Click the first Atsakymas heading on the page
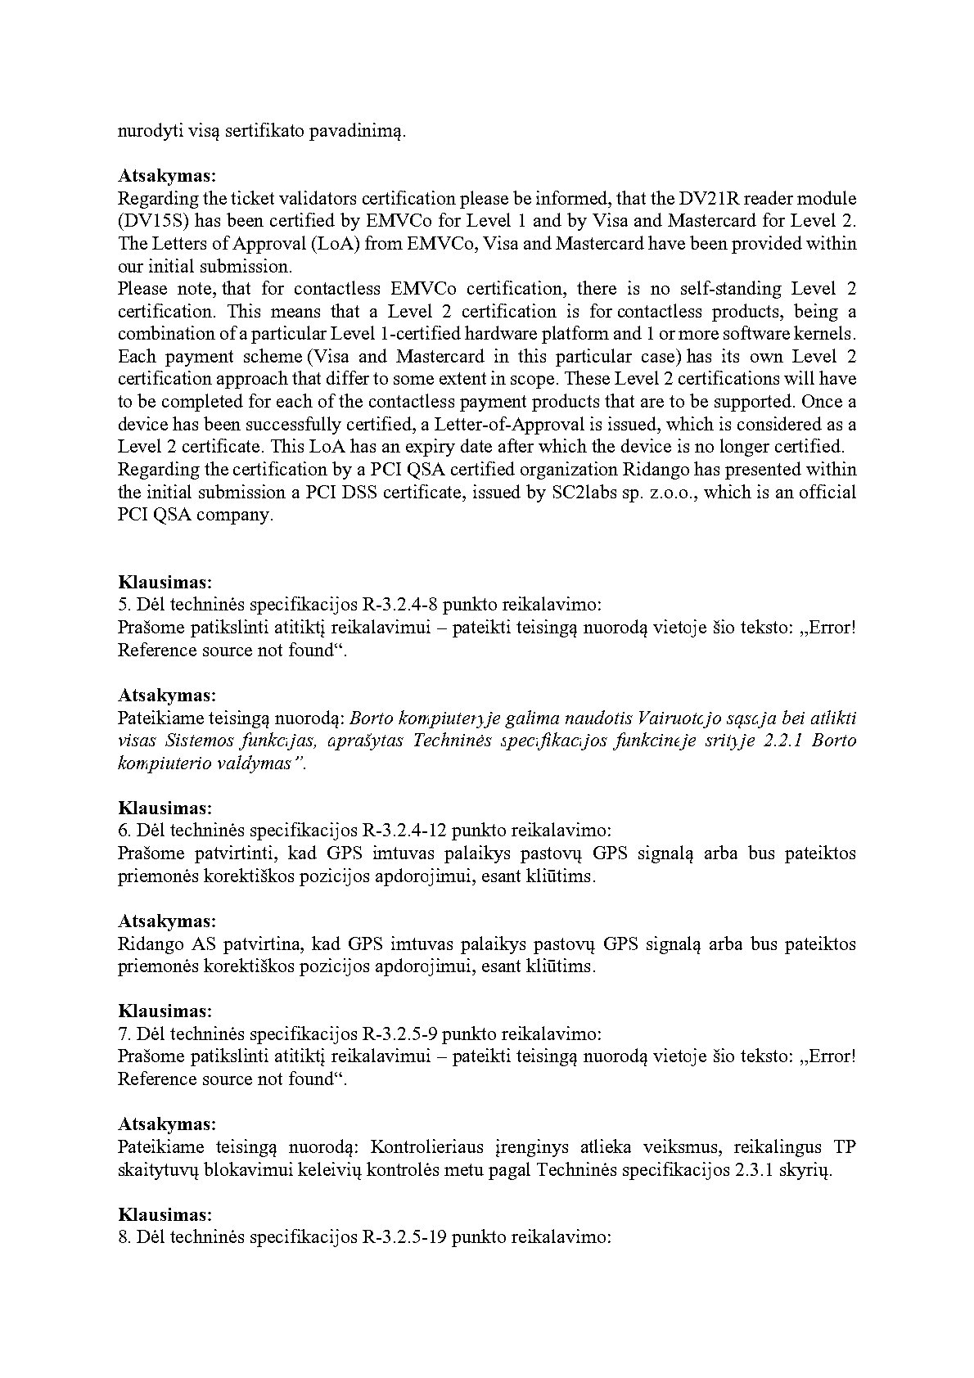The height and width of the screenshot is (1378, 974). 167,176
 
